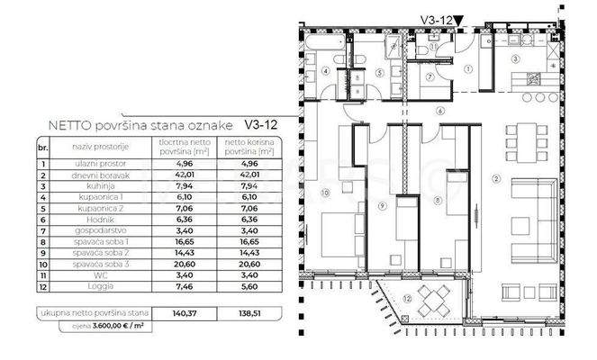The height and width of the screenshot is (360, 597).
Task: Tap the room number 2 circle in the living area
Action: (x=496, y=177)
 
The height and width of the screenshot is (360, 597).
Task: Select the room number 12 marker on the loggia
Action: (x=407, y=298)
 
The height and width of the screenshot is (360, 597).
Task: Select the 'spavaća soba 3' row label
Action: (x=86, y=266)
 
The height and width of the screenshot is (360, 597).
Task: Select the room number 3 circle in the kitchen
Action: (x=516, y=58)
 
